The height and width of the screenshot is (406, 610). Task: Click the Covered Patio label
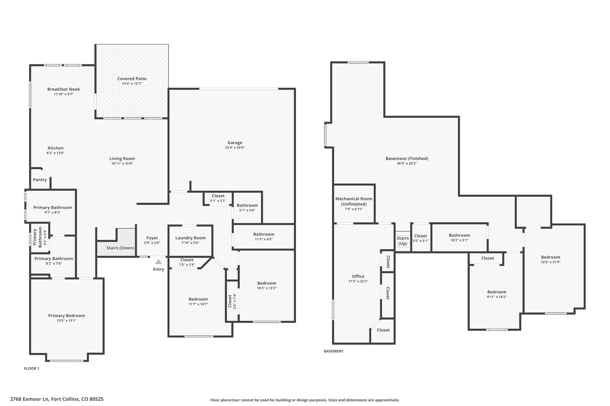click(x=132, y=79)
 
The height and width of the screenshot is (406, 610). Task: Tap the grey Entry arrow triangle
click(x=158, y=262)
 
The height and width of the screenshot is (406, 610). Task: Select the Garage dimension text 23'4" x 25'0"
click(x=235, y=148)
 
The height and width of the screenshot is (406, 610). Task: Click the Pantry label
click(x=40, y=180)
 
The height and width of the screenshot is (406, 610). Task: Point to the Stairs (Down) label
click(x=120, y=248)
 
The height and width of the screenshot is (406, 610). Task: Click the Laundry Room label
click(x=190, y=238)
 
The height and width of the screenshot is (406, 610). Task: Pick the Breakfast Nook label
click(x=64, y=89)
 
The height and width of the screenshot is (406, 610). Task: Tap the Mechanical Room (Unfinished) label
click(x=354, y=201)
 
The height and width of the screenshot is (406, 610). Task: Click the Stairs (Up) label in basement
click(x=403, y=241)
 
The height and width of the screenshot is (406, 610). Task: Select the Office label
click(x=358, y=276)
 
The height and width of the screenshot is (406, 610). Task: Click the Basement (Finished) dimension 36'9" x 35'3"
click(x=407, y=164)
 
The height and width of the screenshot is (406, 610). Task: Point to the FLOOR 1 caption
click(x=32, y=369)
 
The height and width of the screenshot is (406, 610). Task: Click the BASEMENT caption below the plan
click(x=334, y=351)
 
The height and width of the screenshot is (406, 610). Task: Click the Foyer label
click(x=152, y=238)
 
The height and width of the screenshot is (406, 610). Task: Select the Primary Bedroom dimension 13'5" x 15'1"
click(x=67, y=321)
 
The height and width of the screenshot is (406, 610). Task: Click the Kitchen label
click(x=56, y=148)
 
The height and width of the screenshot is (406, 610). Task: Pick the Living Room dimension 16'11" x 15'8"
click(x=122, y=164)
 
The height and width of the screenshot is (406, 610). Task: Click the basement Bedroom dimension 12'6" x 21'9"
click(x=550, y=262)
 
